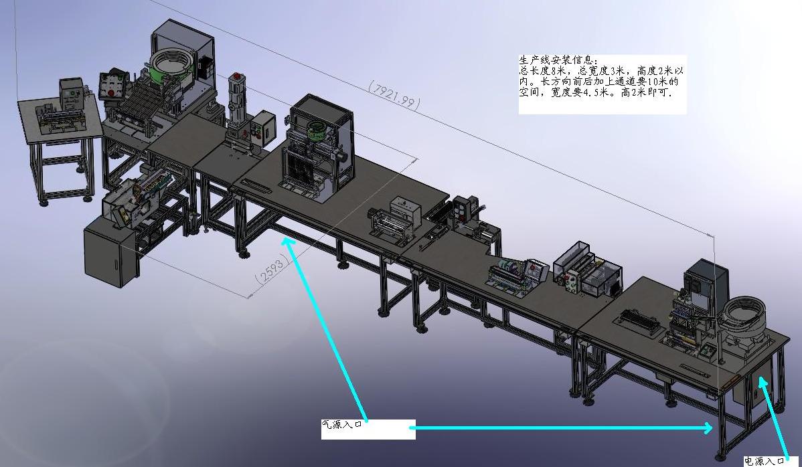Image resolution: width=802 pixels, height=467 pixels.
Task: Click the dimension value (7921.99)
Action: pyautogui.click(x=394, y=95)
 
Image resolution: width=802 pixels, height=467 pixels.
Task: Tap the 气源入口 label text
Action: pyautogui.click(x=342, y=424)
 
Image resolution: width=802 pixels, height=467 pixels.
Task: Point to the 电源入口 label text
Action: pyautogui.click(x=764, y=462)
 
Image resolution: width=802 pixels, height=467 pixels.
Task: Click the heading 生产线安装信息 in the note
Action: pyautogui.click(x=558, y=60)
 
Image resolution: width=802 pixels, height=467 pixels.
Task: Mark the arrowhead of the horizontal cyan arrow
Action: pyautogui.click(x=708, y=428)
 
